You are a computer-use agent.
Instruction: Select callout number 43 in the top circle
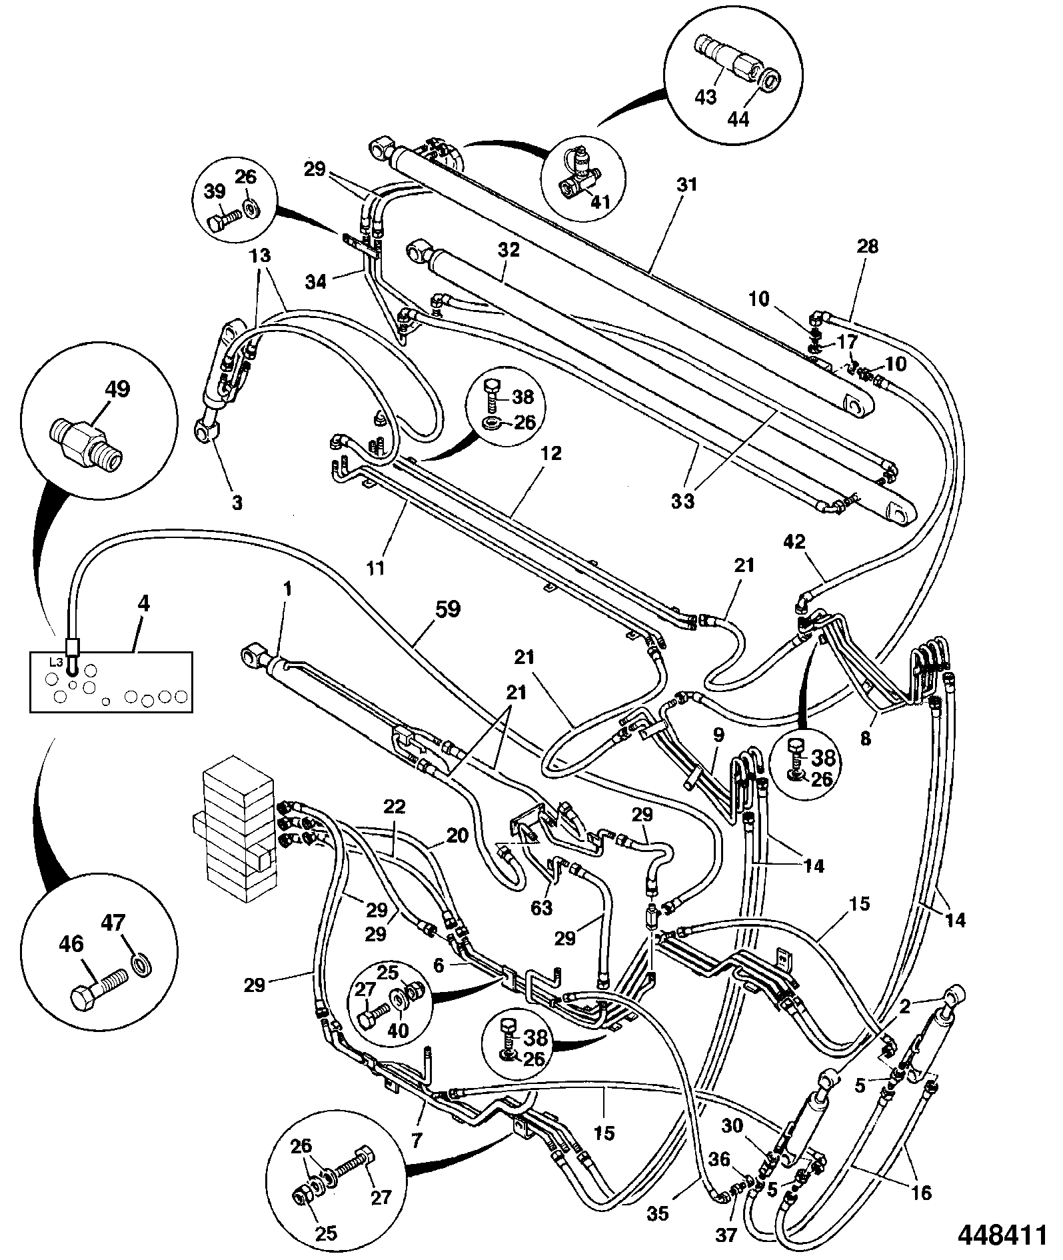[x=705, y=97]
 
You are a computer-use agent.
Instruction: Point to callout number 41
[x=600, y=203]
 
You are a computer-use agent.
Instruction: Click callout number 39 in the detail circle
[x=215, y=193]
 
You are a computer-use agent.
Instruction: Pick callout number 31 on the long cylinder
[x=686, y=183]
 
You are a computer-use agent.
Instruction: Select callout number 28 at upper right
[x=867, y=247]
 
